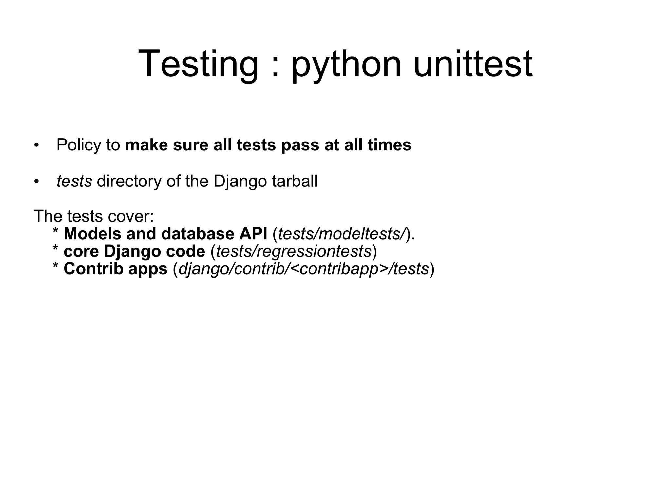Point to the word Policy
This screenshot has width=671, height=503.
tap(78, 145)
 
